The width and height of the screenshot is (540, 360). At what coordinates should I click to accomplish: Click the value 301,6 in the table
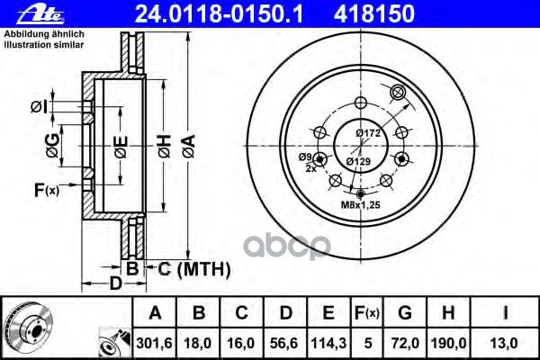pos(155,343)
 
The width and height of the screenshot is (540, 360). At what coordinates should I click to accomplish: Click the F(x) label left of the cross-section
pos(46,190)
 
